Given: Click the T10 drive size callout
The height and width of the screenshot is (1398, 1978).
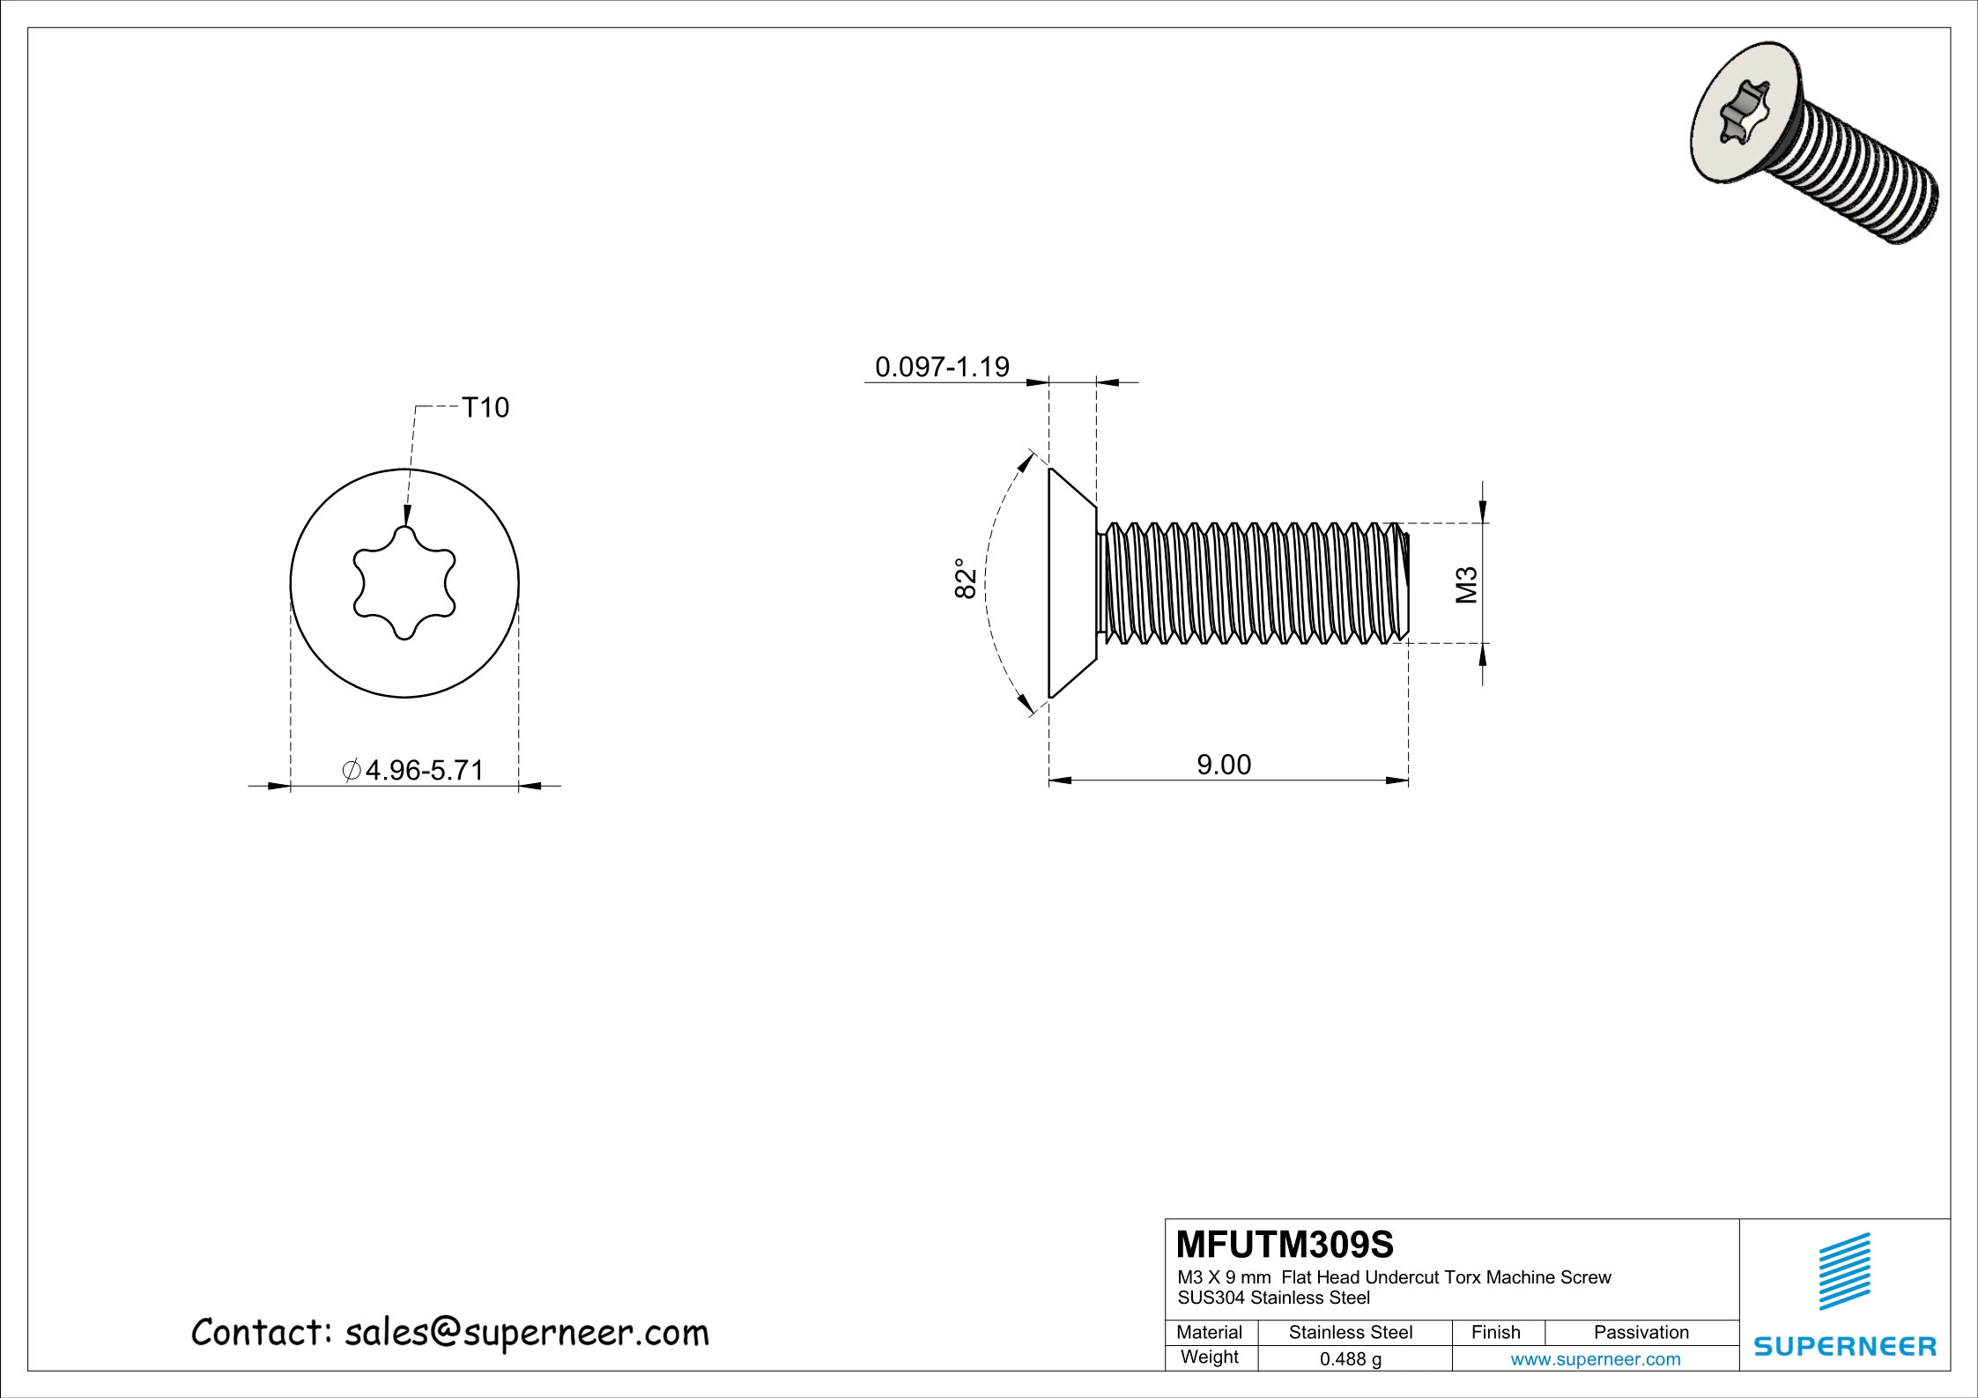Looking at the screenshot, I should pyautogui.click(x=485, y=408).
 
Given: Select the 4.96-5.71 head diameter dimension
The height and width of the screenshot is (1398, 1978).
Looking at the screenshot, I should pyautogui.click(x=414, y=770).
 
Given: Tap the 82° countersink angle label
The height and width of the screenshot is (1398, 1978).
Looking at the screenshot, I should pyautogui.click(x=966, y=579).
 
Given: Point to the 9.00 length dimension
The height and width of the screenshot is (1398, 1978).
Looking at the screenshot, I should pyautogui.click(x=1223, y=765).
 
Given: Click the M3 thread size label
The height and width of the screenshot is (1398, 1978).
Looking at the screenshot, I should pyautogui.click(x=1466, y=585).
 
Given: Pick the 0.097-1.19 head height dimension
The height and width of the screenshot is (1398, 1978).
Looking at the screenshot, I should pyautogui.click(x=941, y=366).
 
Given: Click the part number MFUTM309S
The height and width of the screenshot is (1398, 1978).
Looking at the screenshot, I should pyautogui.click(x=1285, y=1245).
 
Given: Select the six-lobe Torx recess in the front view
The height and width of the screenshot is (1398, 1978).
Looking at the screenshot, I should pyautogui.click(x=404, y=583).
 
